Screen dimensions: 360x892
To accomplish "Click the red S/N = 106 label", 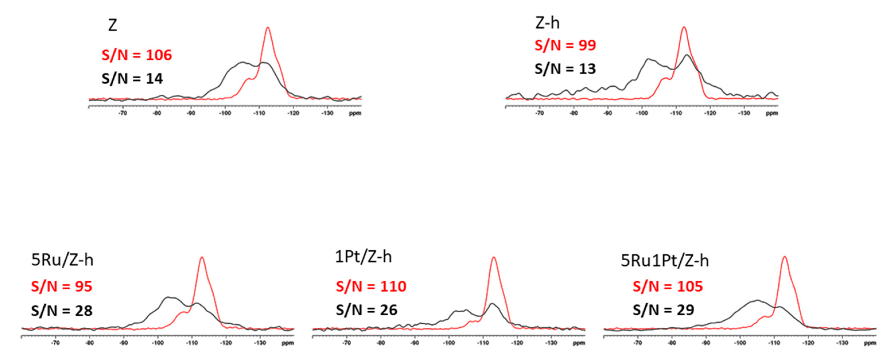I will pos(137,55).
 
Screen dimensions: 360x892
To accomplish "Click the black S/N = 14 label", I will pos(132,79).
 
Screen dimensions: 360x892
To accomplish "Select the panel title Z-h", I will pos(547,23).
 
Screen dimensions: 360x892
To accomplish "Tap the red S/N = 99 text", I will pos(565,45).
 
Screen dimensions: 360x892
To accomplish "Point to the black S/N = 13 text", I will pos(565,69).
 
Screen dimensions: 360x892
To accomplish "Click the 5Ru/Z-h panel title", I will pos(62,260).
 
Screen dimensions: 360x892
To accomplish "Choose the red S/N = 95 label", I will pos(62,286).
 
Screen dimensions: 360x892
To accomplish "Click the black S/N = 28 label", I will pos(62,310).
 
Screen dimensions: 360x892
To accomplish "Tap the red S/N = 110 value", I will pos(371,286).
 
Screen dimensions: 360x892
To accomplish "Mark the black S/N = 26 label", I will pos(366,310).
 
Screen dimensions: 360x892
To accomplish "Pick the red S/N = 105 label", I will pos(668,286).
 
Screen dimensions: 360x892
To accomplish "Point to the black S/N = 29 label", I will pos(663,310).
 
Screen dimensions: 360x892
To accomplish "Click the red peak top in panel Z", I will pos(268,28).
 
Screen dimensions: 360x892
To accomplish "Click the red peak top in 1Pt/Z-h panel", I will pos(494,258).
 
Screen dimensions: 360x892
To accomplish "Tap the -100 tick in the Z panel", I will pos(225,113).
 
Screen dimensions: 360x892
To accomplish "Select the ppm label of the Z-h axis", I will pos(772,113).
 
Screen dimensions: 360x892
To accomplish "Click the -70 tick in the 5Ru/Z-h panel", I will pos(55,343).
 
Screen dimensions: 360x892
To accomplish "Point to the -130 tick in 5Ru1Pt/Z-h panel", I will pos(842,343).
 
